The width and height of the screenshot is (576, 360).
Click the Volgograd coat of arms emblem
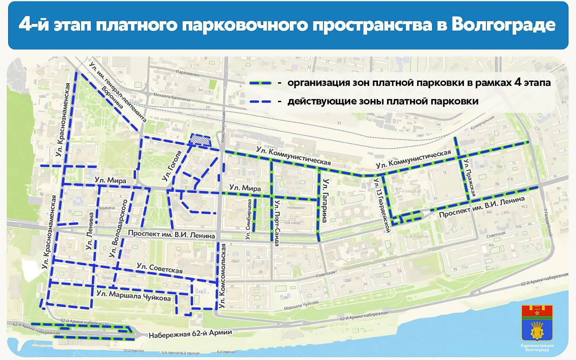tap(537, 322)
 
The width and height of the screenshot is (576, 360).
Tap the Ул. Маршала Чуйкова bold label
tap(133, 297)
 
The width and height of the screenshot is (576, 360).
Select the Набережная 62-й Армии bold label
tap(190, 333)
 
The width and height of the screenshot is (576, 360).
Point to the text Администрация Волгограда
tap(537, 347)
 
